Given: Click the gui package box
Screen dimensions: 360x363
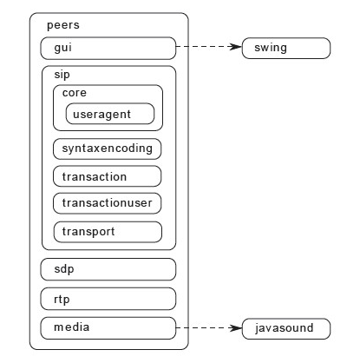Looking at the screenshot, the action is (108, 48).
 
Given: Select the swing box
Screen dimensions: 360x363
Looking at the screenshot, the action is (286, 48).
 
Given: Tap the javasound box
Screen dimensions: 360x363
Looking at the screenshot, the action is (286, 328).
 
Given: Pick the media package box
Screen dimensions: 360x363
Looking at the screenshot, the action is (108, 328).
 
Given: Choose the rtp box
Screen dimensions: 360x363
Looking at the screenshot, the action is (108, 299).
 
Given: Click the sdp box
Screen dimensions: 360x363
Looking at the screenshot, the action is (108, 269).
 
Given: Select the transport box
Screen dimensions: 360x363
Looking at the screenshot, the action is (108, 232).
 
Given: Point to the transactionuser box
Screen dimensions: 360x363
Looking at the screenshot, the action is (108, 203).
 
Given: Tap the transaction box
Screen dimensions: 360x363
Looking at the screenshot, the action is (108, 176).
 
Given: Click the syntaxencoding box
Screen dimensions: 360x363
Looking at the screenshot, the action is (108, 148).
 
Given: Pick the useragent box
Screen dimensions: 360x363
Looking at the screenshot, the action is (110, 114).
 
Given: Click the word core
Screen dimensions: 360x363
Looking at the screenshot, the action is (75, 93).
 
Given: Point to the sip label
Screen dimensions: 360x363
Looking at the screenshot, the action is (62, 75).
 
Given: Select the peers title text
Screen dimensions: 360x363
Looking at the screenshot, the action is (63, 25).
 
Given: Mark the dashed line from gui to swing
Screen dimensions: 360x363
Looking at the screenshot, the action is (209, 46).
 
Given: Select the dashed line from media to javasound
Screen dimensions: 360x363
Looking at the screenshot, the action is (209, 328).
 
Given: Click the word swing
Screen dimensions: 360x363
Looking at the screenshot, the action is (271, 48).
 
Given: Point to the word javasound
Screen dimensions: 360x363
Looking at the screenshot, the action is (285, 328).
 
